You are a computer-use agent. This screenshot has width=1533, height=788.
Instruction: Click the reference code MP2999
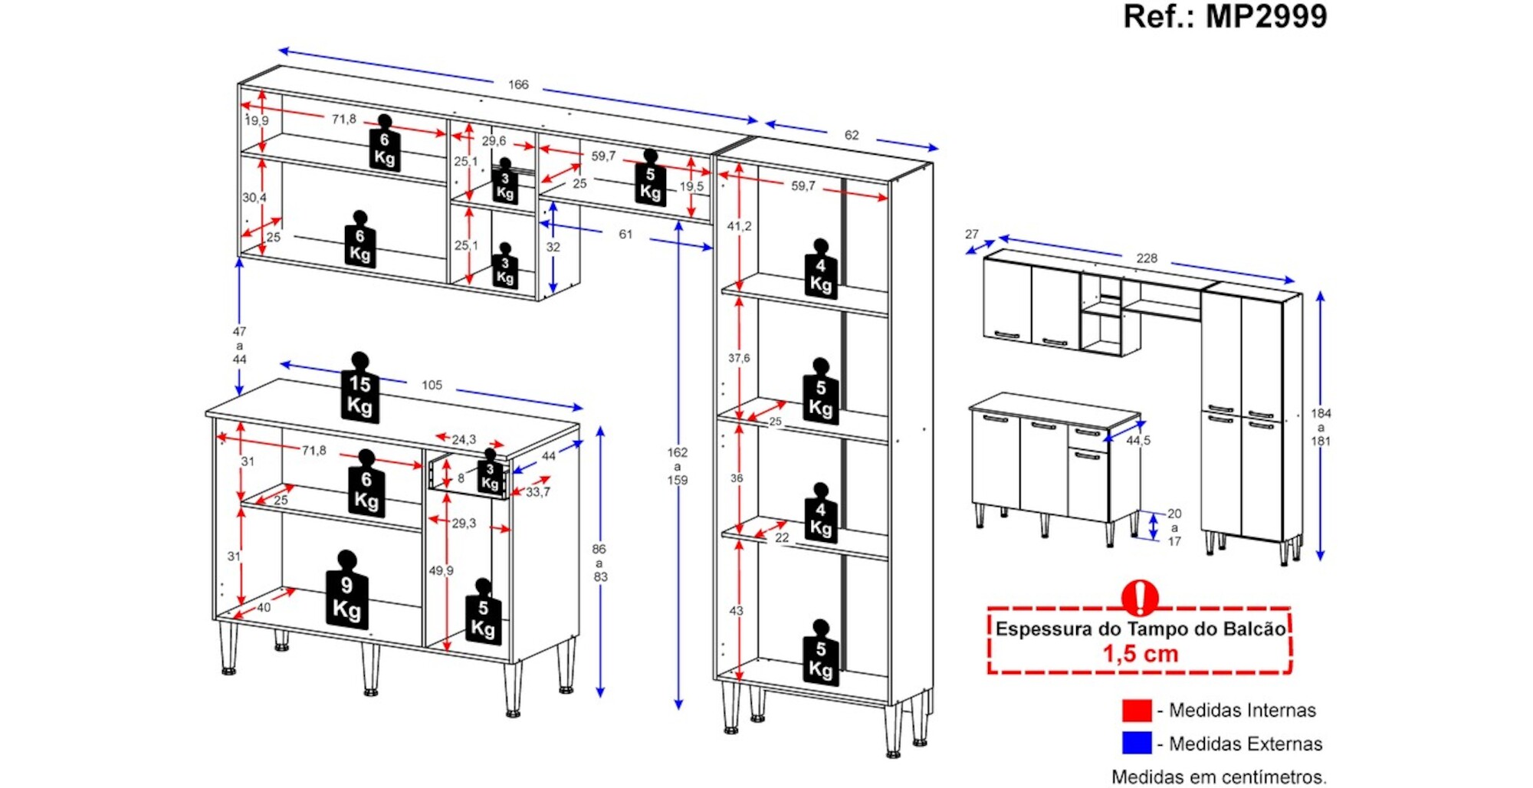click(x=1266, y=16)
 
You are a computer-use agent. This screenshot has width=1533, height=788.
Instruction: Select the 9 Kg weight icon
click(x=346, y=593)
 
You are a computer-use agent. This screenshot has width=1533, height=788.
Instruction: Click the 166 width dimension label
click(x=518, y=84)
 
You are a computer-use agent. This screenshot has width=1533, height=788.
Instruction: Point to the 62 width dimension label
click(x=852, y=135)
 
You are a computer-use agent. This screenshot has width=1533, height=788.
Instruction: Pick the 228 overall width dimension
click(x=1147, y=258)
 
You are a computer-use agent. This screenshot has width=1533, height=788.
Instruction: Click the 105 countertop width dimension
click(x=432, y=385)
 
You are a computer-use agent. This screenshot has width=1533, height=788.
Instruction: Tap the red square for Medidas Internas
click(x=1136, y=711)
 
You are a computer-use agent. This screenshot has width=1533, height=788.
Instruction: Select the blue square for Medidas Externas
click(x=1136, y=744)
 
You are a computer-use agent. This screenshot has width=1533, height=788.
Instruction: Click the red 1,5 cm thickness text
click(x=1140, y=654)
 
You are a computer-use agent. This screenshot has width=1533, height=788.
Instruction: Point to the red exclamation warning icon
click(x=1140, y=597)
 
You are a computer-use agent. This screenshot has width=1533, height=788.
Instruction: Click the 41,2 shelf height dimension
click(x=739, y=226)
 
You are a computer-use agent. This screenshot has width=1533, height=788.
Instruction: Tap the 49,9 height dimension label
click(x=441, y=570)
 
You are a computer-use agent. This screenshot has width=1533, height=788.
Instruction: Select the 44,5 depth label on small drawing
click(x=1138, y=441)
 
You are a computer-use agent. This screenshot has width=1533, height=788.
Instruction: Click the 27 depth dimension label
click(x=972, y=235)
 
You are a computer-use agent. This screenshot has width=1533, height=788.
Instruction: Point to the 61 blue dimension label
click(x=625, y=234)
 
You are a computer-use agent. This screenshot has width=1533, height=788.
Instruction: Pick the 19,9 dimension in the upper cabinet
click(x=257, y=120)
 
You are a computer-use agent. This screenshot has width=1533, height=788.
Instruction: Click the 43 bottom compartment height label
click(x=736, y=611)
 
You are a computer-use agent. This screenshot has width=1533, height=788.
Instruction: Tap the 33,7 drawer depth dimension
click(x=537, y=492)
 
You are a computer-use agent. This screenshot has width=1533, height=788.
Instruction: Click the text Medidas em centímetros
click(x=1219, y=777)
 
